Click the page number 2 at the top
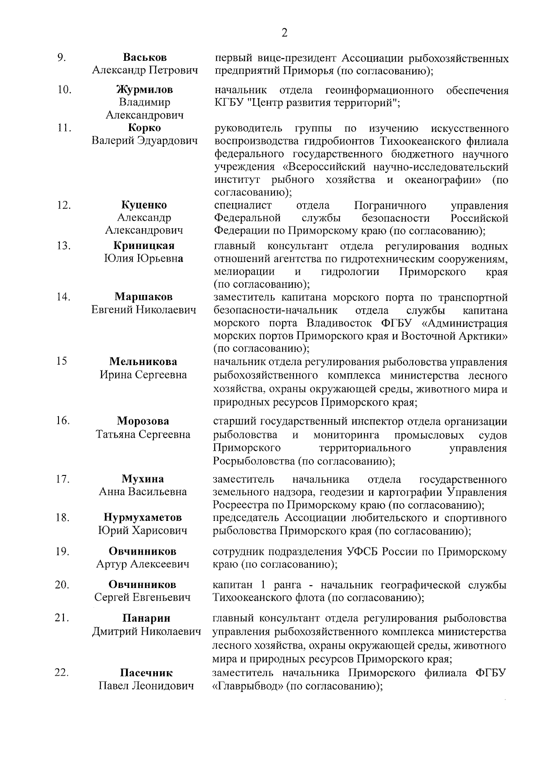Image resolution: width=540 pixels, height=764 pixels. click(284, 32)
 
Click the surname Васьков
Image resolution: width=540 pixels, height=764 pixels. click(144, 58)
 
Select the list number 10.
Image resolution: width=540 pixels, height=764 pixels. click(64, 90)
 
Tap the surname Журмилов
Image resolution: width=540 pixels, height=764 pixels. click(144, 90)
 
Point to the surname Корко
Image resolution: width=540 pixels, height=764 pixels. click(144, 128)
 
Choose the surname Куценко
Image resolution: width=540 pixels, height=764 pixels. click(144, 205)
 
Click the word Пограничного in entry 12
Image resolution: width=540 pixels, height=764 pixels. click(390, 206)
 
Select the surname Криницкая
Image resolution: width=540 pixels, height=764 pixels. click(144, 246)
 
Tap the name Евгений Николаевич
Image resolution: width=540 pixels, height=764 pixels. click(144, 310)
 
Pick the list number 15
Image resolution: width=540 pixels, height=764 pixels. click(62, 362)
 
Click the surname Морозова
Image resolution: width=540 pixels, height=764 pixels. click(143, 421)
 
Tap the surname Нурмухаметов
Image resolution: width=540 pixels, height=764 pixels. click(143, 517)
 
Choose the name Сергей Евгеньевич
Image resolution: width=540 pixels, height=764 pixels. click(142, 597)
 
